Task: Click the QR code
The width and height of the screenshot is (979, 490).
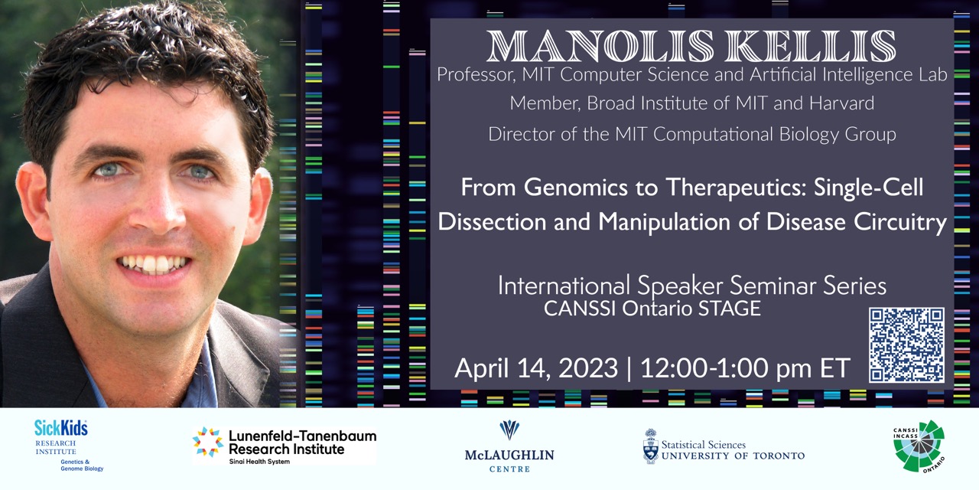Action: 906,345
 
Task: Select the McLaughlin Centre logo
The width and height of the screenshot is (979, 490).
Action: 509,446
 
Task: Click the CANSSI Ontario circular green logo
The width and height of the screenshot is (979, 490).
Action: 919,446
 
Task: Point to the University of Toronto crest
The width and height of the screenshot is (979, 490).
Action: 651,446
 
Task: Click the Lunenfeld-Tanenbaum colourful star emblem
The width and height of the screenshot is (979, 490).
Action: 207,443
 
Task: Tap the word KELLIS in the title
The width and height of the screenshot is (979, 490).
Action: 810,46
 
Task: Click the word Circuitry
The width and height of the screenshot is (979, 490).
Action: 900,222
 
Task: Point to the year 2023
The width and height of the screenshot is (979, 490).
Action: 588,368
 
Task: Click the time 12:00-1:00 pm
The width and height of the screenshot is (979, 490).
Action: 726,368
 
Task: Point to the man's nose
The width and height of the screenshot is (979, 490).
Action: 158,206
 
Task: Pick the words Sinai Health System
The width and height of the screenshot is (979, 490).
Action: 259,462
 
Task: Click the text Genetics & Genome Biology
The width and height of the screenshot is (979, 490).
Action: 82,465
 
